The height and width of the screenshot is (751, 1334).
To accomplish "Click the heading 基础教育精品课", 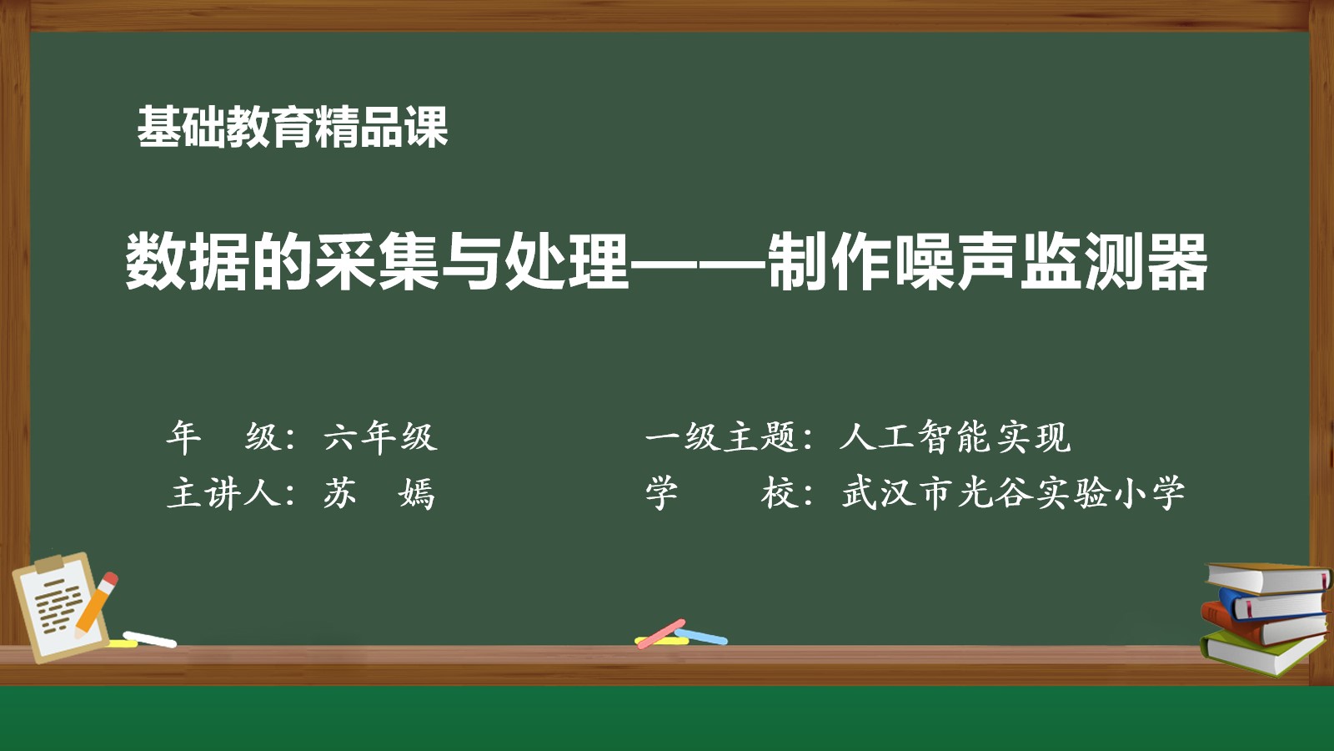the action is coord(293,126).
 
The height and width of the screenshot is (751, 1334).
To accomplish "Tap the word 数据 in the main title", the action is coord(187,262).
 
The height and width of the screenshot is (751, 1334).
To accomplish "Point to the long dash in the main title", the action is coord(698,263).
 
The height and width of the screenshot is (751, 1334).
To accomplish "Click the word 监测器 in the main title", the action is coord(1113,262).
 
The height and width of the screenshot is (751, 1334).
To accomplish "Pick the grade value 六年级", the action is coord(380,437).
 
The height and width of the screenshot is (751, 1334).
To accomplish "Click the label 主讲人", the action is coord(223,493).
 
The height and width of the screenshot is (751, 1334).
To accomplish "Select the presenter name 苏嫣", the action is coord(379,493).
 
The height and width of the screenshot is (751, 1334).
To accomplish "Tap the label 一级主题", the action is coord(722,437).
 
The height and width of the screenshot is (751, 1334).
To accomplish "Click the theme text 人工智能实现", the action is coord(955,437).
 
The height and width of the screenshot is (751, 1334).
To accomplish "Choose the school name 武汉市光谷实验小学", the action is coord(1013,493).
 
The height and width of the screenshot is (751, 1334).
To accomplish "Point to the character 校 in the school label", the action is coord(780,493).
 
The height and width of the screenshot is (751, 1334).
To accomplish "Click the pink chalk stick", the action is coord(661,633).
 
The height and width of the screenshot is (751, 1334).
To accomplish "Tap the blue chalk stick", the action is coord(701,637).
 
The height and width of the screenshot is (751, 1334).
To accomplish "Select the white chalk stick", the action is coord(150,639).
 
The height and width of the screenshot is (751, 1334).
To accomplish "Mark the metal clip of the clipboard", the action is coord(49,562).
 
